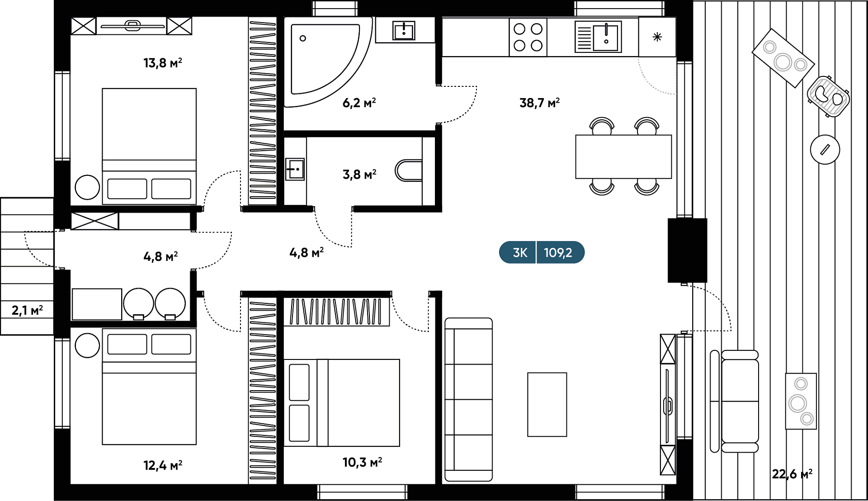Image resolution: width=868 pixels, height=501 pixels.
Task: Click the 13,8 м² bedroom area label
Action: coord(163,62)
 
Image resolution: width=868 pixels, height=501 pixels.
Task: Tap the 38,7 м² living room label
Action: coord(539,103)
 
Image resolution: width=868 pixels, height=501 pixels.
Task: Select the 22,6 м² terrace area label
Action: coord(792,474)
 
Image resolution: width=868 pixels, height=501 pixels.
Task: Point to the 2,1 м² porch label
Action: coord(27,310)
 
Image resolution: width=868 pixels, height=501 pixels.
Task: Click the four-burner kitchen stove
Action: coord(528,37)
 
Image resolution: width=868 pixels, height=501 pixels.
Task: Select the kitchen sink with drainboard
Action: coord(598,37)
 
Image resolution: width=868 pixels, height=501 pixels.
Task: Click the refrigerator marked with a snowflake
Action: coord(657,37)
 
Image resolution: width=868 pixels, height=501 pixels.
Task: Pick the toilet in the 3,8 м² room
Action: coord(409,170)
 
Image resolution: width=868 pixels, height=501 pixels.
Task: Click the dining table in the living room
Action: coord(623,156)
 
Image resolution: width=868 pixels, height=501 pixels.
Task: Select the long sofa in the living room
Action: coord(468,400)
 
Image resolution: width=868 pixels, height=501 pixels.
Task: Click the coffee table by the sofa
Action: coord(547,405)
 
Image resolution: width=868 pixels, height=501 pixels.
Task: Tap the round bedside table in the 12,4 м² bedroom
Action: coord(87,345)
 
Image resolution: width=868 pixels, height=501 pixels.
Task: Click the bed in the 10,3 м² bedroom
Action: coord(342,403)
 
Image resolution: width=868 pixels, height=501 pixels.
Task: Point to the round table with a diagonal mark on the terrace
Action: coord(825,149)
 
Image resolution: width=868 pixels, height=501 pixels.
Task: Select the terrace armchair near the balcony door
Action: coord(735,402)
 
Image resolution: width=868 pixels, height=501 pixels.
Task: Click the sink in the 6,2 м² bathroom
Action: coord(404,31)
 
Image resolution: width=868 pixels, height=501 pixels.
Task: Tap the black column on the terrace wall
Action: coord(687,250)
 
